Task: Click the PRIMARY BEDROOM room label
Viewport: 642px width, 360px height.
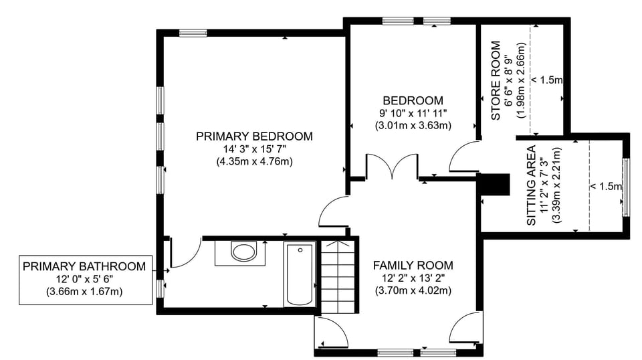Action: click(254, 137)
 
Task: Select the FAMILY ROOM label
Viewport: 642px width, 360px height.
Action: click(413, 265)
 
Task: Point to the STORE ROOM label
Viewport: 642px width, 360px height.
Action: click(496, 81)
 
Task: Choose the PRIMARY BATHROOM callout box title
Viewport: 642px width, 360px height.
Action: click(84, 266)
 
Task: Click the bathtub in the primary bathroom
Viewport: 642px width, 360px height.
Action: click(299, 275)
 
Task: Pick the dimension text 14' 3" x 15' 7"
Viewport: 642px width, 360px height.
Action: click(254, 149)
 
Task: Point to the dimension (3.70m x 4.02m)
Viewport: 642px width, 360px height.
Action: click(413, 290)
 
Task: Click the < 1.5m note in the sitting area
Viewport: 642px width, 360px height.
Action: click(606, 186)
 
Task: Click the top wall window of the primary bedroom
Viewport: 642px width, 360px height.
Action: click(193, 31)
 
